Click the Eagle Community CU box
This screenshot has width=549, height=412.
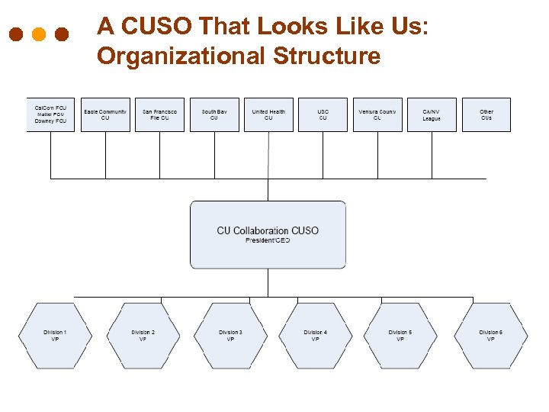(105, 114)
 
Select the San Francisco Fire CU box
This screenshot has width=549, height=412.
(159, 114)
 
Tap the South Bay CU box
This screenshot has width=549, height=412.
(214, 114)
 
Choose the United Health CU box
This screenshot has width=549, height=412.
(268, 114)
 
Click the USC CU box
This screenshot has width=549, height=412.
(323, 114)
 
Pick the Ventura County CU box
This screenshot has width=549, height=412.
(377, 114)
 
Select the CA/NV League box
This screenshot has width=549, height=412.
(432, 114)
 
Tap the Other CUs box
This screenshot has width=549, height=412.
(486, 114)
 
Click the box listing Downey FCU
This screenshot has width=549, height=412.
(51, 114)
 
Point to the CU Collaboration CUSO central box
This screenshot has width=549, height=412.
(268, 234)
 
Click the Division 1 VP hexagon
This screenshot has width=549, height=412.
(55, 336)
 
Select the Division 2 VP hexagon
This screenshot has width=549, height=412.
(143, 336)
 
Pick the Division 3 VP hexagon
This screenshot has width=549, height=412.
(230, 336)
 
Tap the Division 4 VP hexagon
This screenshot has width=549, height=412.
(315, 336)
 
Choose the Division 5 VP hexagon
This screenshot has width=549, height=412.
(400, 336)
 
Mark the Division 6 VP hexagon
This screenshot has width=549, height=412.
(490, 336)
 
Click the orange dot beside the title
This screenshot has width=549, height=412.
(39, 35)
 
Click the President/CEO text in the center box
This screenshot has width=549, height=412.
(268, 241)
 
